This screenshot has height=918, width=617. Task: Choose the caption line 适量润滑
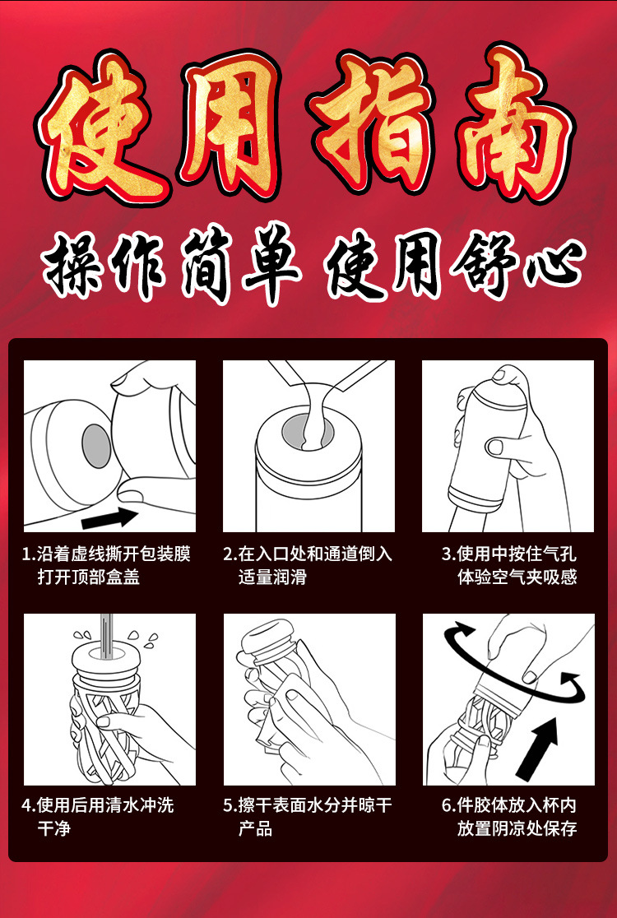tap(272, 577)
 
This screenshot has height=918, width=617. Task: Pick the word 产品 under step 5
tap(255, 828)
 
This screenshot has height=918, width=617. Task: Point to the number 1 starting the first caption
tap(26, 554)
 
